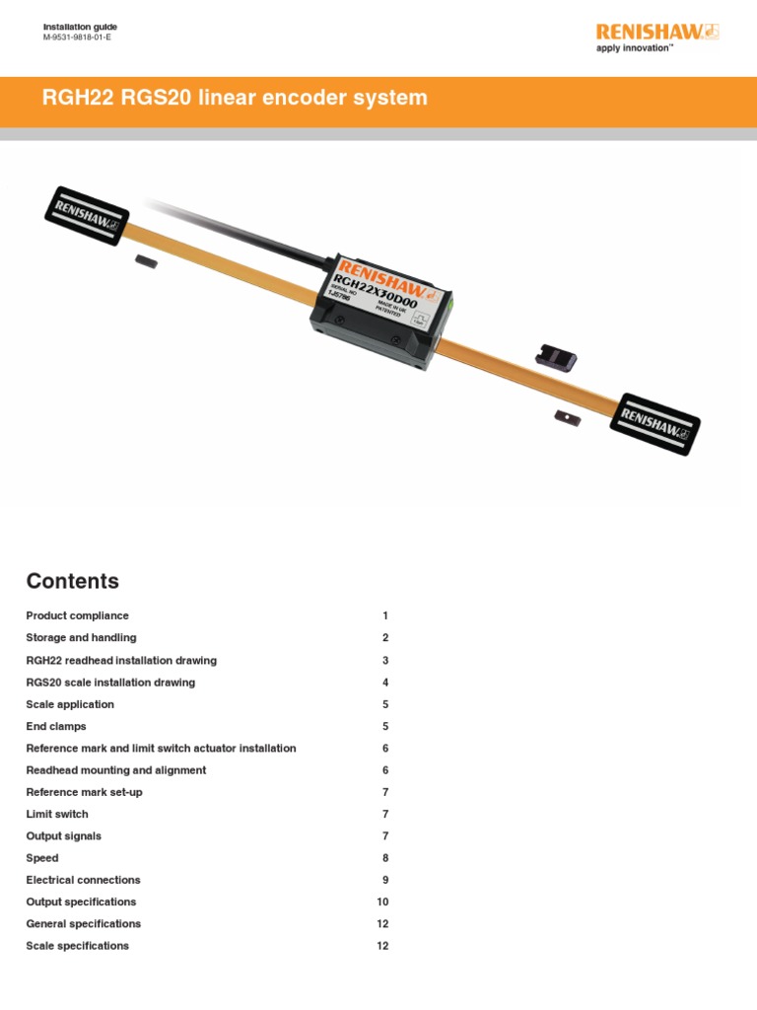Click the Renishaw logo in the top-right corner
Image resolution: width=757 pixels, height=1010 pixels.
657,32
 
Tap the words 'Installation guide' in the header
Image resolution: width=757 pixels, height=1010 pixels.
80,26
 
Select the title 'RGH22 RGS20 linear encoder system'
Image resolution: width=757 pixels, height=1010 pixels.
235,98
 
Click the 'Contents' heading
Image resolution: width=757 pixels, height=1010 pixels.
72,581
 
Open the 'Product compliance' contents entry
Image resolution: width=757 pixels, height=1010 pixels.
77,615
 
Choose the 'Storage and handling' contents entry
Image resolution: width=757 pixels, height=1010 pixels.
81,638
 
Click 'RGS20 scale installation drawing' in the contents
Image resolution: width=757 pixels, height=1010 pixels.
110,683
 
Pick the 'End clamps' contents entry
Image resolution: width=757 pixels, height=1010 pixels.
56,727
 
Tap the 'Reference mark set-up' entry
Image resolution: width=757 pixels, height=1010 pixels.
84,792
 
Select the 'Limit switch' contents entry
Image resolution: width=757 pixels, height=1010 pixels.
57,814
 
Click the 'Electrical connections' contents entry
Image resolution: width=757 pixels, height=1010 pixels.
83,880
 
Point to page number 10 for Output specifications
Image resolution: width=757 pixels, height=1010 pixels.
383,902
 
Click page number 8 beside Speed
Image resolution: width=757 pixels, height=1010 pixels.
385,858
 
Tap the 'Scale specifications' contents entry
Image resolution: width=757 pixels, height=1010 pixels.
77,946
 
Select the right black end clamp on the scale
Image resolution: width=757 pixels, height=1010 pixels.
657,423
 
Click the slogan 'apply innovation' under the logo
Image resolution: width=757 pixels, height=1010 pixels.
635,47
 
